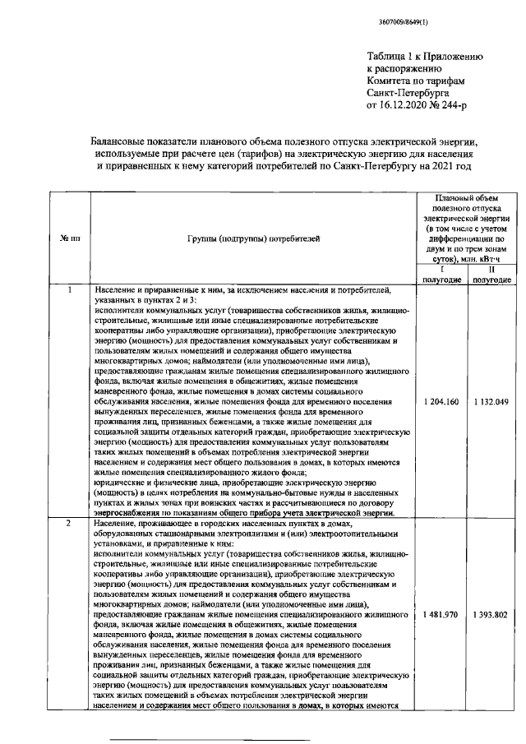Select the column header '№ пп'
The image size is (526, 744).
click(x=70, y=238)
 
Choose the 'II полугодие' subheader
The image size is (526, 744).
click(x=491, y=274)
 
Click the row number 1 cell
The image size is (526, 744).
click(x=70, y=290)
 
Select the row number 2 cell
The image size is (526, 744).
click(x=70, y=524)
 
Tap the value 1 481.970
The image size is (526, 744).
click(x=442, y=614)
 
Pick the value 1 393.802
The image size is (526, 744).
click(x=491, y=614)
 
